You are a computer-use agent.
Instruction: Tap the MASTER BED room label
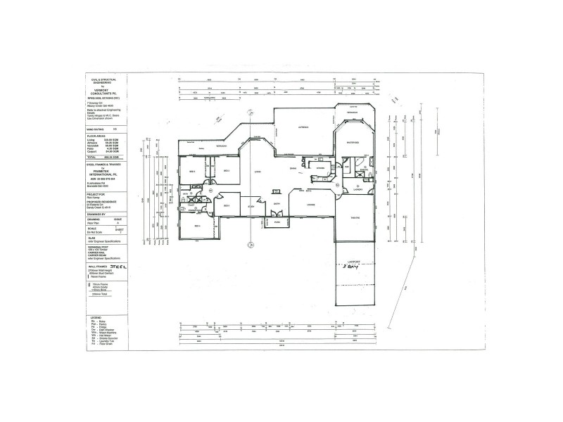pyautogui.click(x=353, y=143)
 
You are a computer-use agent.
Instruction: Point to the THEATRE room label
pyautogui.click(x=354, y=217)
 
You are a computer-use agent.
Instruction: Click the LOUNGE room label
pyautogui.click(x=310, y=204)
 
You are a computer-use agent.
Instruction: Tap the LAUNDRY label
pyautogui.click(x=358, y=188)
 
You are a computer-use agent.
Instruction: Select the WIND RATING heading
pyautogui.click(x=97, y=130)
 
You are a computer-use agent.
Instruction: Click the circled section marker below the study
pyautogui.click(x=249, y=244)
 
